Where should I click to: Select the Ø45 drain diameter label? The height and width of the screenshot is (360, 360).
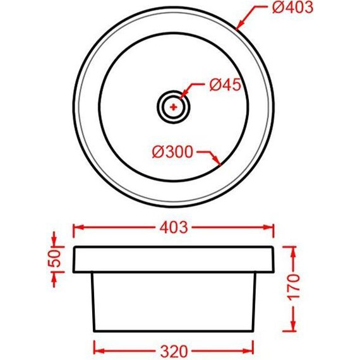coord(225,85)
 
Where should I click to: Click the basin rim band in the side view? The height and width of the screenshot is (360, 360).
coord(174,259)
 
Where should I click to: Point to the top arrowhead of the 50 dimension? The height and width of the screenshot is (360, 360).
coord(55,241)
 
